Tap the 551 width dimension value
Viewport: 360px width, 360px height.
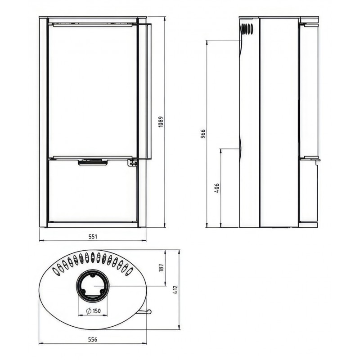(93, 237)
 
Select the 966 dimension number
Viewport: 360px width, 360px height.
(203, 134)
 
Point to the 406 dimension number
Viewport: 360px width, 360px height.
(217, 188)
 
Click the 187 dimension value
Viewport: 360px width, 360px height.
(161, 268)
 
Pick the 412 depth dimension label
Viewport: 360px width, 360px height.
(175, 290)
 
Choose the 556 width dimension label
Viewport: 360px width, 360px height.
(93, 339)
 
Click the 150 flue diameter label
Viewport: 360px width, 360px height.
(97, 311)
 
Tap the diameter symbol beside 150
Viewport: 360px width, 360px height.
(89, 311)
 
